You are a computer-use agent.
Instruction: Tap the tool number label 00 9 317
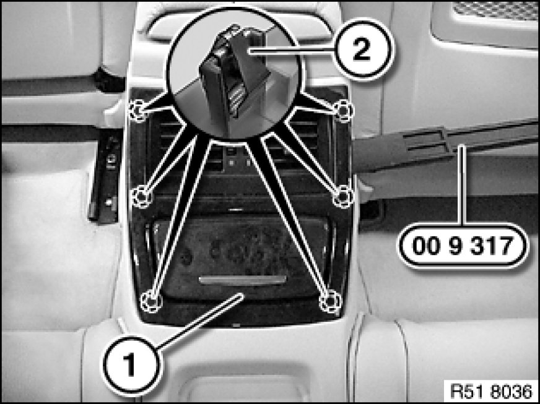pos(463,246)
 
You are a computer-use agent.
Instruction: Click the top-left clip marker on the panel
pos(138,111)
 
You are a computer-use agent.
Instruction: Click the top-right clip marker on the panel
pos(344,111)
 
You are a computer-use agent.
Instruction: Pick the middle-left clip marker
pos(141,196)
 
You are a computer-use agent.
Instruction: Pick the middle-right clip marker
pos(343,196)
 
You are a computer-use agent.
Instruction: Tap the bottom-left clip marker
pos(152,301)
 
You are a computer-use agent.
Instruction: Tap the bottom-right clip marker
pos(330,301)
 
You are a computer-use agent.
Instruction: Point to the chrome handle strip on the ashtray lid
pos(243,280)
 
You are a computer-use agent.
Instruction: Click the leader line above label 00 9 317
pos(464,184)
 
